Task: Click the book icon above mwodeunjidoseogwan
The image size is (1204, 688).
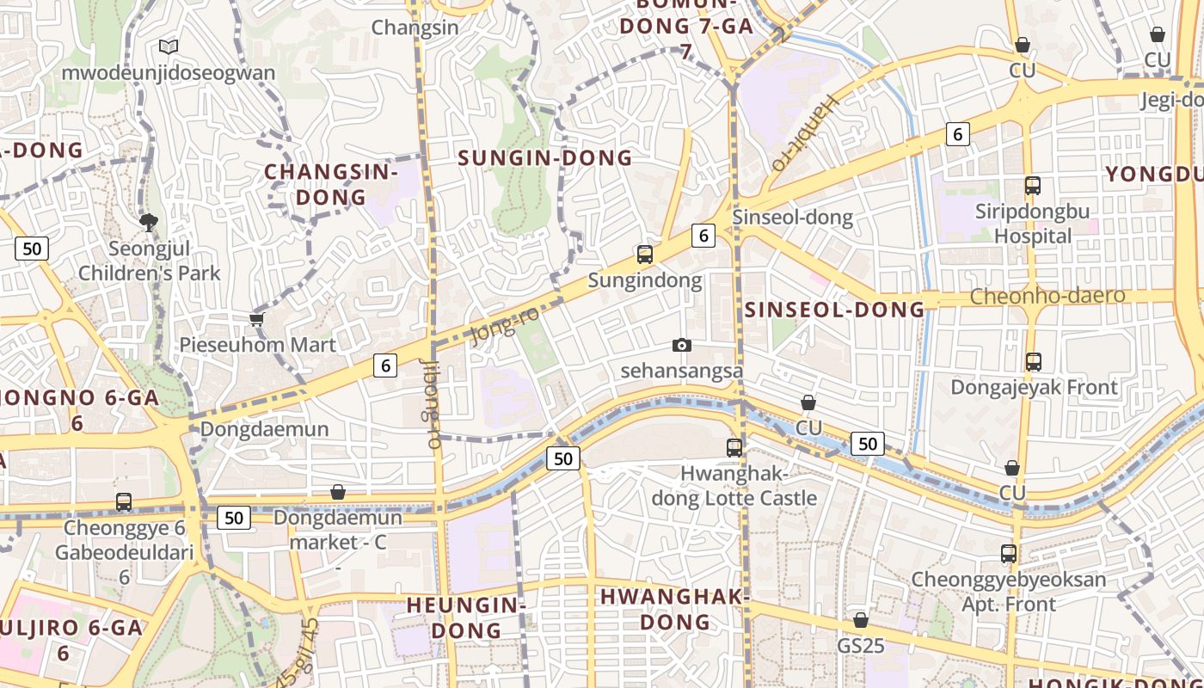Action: (x=169, y=46)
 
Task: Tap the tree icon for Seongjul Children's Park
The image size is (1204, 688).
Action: (x=149, y=223)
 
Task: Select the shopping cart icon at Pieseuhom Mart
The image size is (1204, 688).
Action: (x=255, y=320)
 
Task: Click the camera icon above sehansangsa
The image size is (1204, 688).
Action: (x=681, y=345)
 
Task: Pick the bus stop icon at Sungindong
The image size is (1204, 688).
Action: (x=645, y=254)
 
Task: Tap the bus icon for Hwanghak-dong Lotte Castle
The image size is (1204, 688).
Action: (x=734, y=447)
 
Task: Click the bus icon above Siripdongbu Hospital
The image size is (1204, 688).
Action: (x=1033, y=185)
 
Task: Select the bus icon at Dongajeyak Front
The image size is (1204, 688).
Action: (x=1034, y=362)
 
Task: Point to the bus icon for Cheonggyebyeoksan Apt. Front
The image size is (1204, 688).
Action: (x=1009, y=554)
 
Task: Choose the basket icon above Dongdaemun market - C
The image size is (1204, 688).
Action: (x=338, y=492)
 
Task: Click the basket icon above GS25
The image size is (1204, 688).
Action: (x=860, y=620)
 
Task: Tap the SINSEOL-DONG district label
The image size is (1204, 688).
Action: (x=834, y=310)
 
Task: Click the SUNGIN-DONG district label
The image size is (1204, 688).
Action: (x=545, y=158)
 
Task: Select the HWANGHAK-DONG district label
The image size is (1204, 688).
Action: (x=675, y=609)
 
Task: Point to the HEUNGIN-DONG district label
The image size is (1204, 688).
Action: (x=466, y=617)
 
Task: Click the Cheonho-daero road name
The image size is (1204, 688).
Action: (x=1047, y=296)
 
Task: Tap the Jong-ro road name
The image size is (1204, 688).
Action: (x=506, y=326)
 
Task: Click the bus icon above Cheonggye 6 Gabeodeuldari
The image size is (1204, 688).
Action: (x=124, y=501)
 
